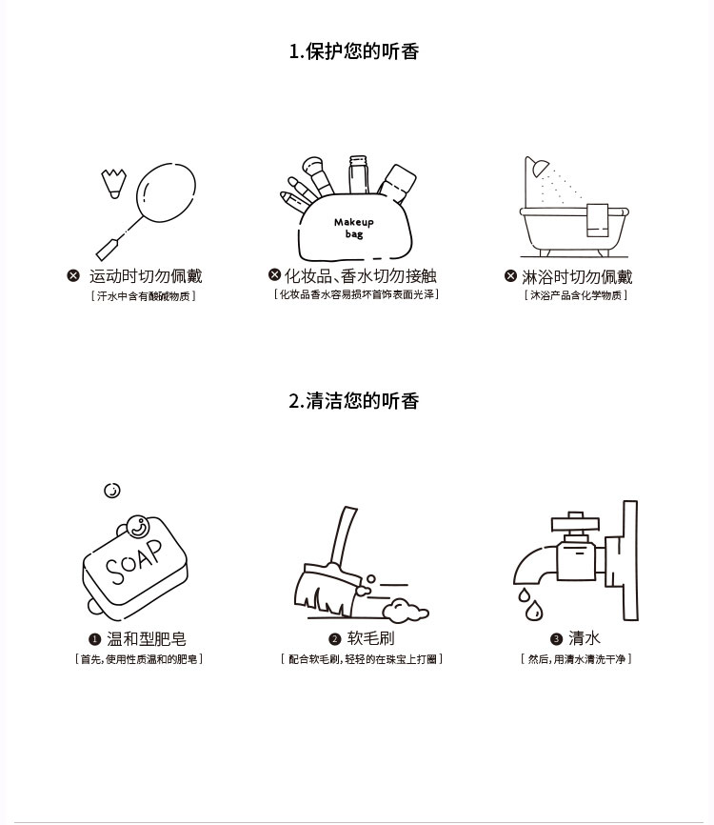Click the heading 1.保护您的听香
tap(354, 51)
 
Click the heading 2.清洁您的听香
tap(354, 401)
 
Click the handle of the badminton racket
tap(109, 249)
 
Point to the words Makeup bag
tap(354, 228)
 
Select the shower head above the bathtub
tap(539, 169)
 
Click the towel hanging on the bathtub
tap(597, 220)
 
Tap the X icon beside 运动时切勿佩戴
tap(73, 275)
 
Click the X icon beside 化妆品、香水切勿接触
tap(274, 274)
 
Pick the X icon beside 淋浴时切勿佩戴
tap(510, 275)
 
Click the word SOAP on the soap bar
tap(133, 562)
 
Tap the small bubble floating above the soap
tap(112, 491)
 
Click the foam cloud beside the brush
tap(405, 611)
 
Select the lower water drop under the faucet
tap(534, 611)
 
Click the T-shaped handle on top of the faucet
tap(575, 522)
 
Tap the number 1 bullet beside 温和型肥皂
tap(94, 639)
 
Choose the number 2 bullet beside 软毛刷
tap(335, 639)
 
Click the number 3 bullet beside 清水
tap(556, 639)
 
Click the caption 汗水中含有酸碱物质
tap(143, 296)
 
